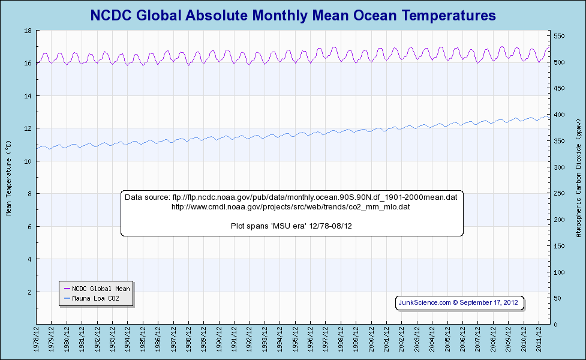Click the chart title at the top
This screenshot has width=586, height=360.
[293, 15]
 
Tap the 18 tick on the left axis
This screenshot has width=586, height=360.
[28, 31]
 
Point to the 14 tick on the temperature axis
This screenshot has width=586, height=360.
[28, 96]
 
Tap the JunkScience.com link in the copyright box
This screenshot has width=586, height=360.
[425, 303]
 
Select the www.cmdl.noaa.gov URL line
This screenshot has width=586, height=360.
[291, 207]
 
